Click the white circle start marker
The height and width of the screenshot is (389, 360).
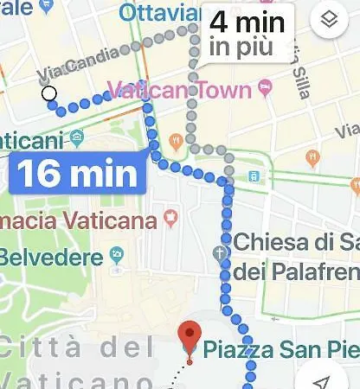point(49,93)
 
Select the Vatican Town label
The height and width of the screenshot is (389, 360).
point(179,90)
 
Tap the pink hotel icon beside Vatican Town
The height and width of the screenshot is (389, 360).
point(264,88)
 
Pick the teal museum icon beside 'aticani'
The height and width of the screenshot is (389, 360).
point(77,137)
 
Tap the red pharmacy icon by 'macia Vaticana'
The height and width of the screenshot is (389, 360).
point(170,220)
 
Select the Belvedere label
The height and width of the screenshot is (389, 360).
point(50,257)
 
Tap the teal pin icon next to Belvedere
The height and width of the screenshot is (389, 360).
point(117,256)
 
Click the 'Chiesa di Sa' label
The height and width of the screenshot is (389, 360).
point(295,241)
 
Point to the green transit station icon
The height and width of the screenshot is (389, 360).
point(254,176)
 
